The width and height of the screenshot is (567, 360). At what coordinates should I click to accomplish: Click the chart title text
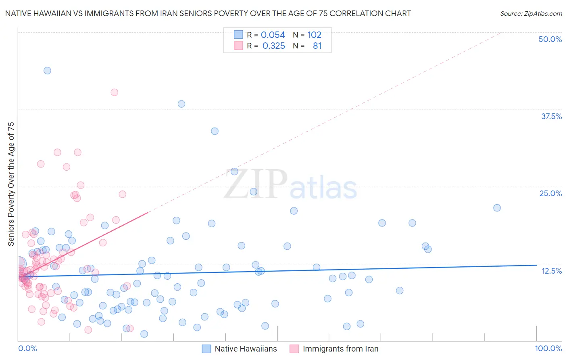[208, 13]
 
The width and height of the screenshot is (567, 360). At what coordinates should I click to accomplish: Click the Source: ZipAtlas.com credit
[531, 13]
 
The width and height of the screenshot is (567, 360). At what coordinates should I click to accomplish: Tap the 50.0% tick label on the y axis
[550, 39]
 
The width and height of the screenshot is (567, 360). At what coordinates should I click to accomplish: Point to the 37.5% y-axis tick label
[551, 116]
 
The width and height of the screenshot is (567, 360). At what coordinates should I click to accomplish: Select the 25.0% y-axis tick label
[550, 193]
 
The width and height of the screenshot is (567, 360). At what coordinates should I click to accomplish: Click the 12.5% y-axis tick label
[551, 271]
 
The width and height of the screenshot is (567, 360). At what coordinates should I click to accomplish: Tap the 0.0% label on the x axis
[27, 348]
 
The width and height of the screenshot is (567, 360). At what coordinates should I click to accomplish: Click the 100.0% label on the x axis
[548, 348]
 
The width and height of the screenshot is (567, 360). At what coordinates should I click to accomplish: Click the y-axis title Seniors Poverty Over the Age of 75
[11, 184]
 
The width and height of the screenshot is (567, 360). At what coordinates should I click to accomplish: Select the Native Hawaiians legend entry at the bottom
[246, 349]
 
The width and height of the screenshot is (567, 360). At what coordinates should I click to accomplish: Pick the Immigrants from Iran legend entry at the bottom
[340, 349]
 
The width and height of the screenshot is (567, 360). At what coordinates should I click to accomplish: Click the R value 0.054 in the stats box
[273, 35]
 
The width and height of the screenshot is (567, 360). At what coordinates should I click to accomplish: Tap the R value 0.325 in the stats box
[273, 46]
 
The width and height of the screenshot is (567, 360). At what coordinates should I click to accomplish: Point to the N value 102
[314, 35]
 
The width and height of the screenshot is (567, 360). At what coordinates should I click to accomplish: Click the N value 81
[317, 46]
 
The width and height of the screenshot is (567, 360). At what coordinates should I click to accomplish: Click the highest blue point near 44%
[47, 71]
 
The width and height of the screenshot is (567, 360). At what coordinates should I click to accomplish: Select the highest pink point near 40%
[114, 92]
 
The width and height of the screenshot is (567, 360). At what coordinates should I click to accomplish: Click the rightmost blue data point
[497, 208]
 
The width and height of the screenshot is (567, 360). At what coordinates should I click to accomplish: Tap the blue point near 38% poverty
[181, 104]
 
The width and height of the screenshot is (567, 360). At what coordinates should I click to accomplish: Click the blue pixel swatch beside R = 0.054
[238, 35]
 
